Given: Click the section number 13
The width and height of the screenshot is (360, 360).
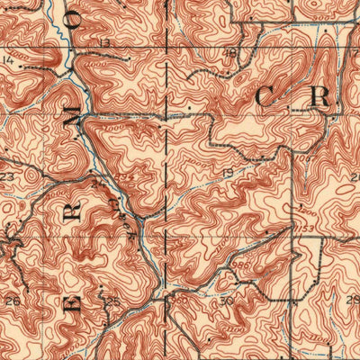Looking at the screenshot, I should click(105, 42).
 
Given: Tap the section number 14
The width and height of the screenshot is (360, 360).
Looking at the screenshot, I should click(8, 60).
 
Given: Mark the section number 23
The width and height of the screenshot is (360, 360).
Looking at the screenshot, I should click(7, 177).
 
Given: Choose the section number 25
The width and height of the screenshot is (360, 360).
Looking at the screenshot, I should click(113, 299).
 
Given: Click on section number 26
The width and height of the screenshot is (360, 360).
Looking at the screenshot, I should click(13, 299).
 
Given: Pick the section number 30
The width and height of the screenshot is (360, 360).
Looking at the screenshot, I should click(227, 299).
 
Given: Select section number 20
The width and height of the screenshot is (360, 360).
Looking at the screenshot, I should click(354, 176).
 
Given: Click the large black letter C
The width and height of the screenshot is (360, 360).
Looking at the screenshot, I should click(269, 97).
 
